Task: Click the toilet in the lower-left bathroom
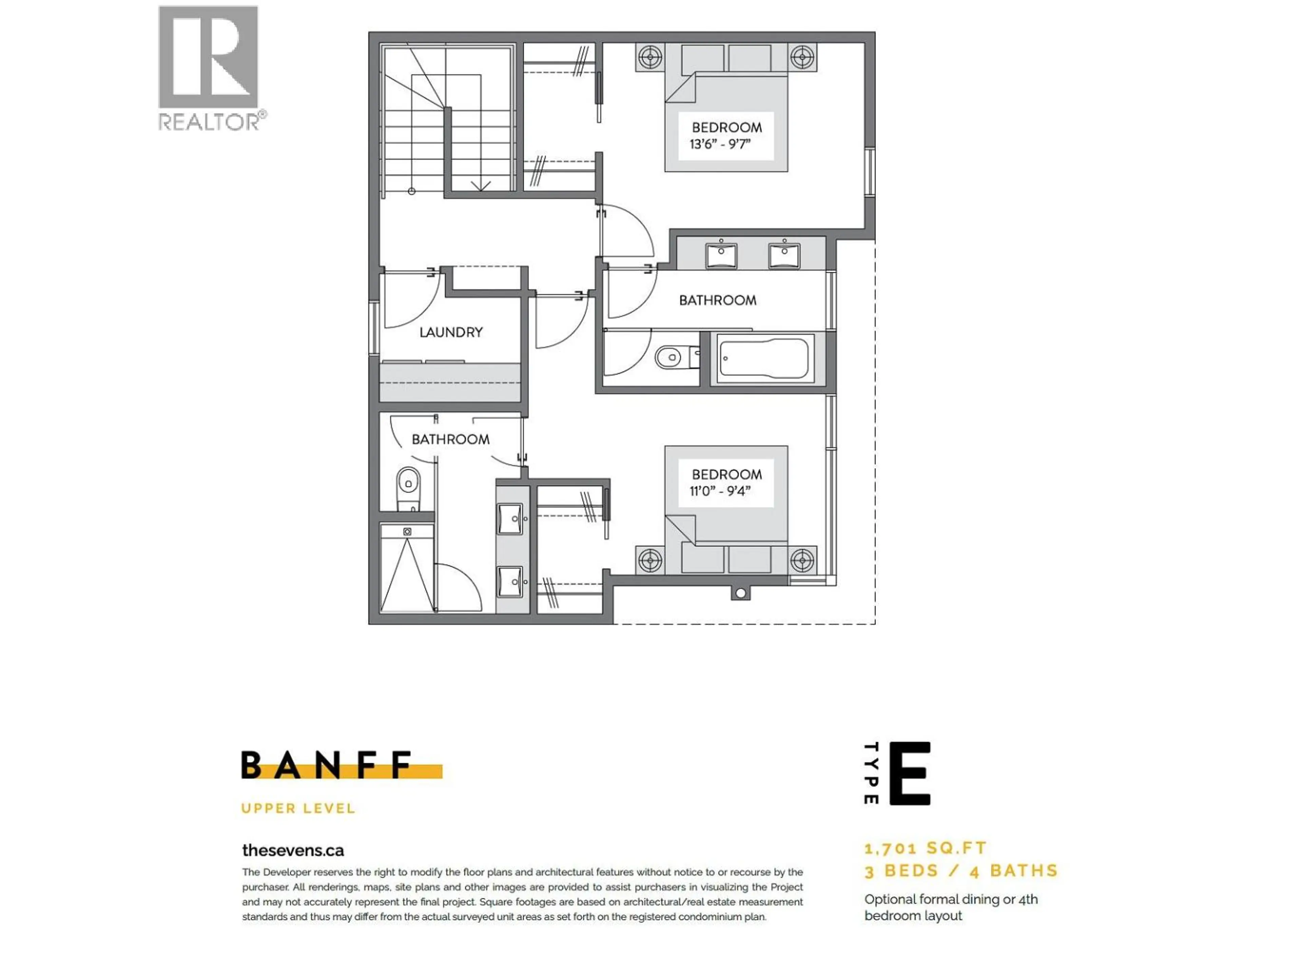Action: point(408,485)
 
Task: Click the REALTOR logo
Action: point(209,68)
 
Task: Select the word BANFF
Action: point(327,765)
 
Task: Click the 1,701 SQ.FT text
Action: point(925,848)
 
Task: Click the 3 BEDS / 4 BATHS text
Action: point(961,871)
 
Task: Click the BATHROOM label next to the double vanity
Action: point(717,300)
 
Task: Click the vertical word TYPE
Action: point(871,773)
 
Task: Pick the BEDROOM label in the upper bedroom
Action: point(726,127)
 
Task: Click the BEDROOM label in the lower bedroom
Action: point(726,474)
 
